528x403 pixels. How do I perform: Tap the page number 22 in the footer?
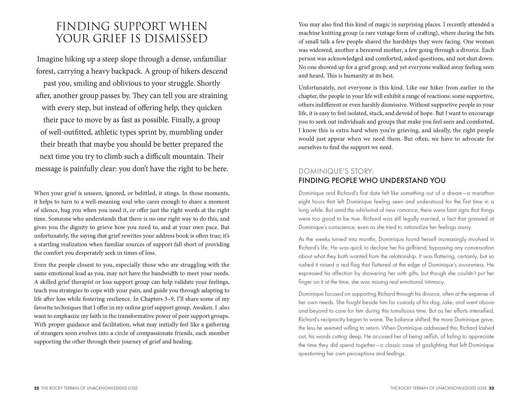click(36, 388)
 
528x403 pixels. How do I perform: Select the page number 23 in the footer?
click(491, 388)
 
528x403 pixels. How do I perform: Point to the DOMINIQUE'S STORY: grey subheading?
click(336, 171)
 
